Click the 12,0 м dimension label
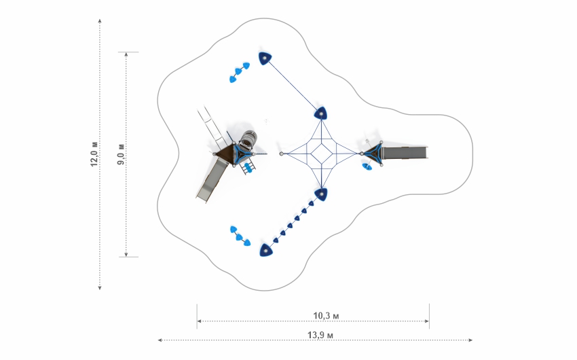pos(94,154)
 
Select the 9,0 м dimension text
pos(121,154)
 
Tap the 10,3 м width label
pos(326,316)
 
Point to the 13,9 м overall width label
pos(320,335)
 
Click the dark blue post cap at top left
pos(265,58)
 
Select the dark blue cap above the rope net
pos(321,113)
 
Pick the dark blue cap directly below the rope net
pos(321,194)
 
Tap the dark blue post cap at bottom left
pos(265,250)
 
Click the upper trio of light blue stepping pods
pos(240,72)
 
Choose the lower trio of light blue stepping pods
pos(240,236)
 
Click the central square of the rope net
pos(321,154)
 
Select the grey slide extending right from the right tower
pos(405,153)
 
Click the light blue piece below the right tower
pos(367,166)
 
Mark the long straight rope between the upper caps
pos(293,86)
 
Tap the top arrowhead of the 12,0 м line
pos(100,21)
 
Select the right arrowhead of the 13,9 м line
pos(470,340)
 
